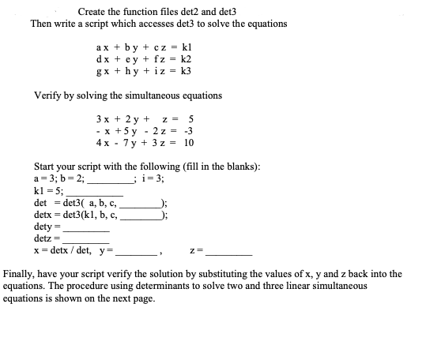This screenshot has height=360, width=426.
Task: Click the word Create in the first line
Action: tap(92, 12)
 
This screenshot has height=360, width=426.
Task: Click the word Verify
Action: tap(48, 96)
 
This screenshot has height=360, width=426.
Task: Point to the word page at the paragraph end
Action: tap(145, 299)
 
